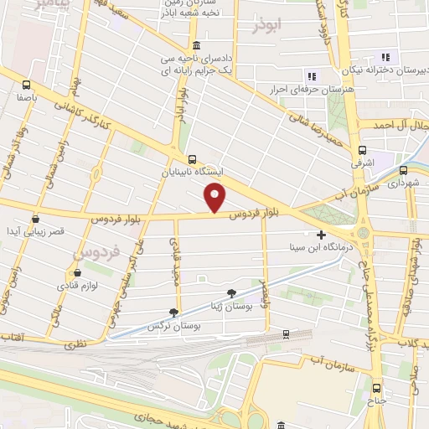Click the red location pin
click(215, 199)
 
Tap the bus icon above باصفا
click(26, 85)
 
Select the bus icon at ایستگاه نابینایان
click(193, 158)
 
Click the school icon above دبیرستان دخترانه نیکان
click(385, 57)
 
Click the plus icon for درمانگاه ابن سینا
click(321, 235)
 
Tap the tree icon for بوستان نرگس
click(174, 311)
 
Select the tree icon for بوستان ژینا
click(231, 294)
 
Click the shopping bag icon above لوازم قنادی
click(77, 272)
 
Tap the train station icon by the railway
click(286, 333)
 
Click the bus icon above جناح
click(377, 388)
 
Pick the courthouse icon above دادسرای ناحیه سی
click(196, 45)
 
